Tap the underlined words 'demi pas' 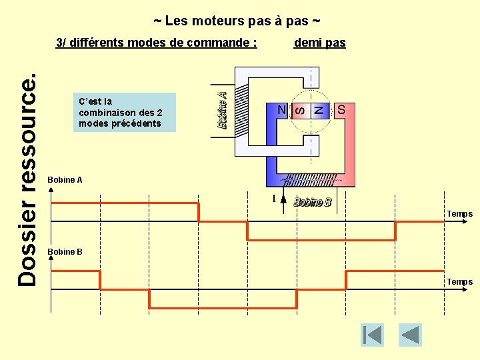click(319, 43)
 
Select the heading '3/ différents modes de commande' click(157, 43)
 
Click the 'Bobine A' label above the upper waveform click(65, 180)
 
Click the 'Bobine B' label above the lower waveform click(65, 251)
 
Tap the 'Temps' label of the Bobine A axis click(459, 214)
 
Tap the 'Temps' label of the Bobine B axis click(459, 282)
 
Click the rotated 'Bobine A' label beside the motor click(223, 111)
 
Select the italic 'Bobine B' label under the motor click(312, 203)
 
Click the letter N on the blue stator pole click(282, 109)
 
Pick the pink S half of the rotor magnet click(301, 110)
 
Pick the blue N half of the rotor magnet click(319, 110)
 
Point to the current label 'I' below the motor click(274, 199)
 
